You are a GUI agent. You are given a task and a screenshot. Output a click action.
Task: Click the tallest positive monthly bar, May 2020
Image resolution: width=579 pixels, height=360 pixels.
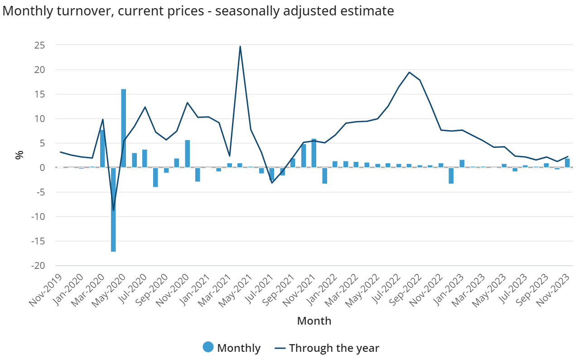point(124,128)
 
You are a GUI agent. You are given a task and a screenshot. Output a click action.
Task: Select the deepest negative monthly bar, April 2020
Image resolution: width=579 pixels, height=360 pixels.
point(113,209)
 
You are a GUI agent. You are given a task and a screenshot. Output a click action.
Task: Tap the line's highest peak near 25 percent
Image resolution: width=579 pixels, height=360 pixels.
point(240,47)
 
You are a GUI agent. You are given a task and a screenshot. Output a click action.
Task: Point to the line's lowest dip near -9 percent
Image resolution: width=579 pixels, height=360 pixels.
point(113,210)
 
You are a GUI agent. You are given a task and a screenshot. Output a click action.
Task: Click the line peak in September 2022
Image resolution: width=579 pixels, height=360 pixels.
point(409,73)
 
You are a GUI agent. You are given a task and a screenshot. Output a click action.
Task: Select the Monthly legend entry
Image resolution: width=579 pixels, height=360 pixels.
point(232,348)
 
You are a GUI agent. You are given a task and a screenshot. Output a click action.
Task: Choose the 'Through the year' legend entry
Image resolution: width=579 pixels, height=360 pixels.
point(327,348)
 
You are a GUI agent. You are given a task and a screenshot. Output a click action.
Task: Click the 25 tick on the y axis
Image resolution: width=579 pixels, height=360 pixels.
point(39,45)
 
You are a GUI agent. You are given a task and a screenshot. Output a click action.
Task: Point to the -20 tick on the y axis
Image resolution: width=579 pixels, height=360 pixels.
point(38,266)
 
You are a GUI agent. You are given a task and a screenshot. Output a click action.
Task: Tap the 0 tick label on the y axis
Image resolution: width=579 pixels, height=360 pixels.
point(43,168)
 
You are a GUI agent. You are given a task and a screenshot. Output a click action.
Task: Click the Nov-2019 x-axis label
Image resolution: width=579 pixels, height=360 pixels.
point(46,291)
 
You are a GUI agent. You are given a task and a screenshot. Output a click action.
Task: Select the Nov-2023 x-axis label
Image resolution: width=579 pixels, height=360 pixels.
point(553,291)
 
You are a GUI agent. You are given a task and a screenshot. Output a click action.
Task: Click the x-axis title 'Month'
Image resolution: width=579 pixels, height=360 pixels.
point(314,321)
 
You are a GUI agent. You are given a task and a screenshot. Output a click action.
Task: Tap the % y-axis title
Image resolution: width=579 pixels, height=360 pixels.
point(19,155)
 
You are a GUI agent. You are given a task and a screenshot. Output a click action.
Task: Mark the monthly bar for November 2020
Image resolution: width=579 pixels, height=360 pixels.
point(188,154)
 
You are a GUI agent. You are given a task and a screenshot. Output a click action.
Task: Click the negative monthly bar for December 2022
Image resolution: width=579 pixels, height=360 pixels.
point(451,175)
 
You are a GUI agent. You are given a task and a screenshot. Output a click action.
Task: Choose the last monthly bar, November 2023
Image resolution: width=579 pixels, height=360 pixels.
point(567,163)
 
